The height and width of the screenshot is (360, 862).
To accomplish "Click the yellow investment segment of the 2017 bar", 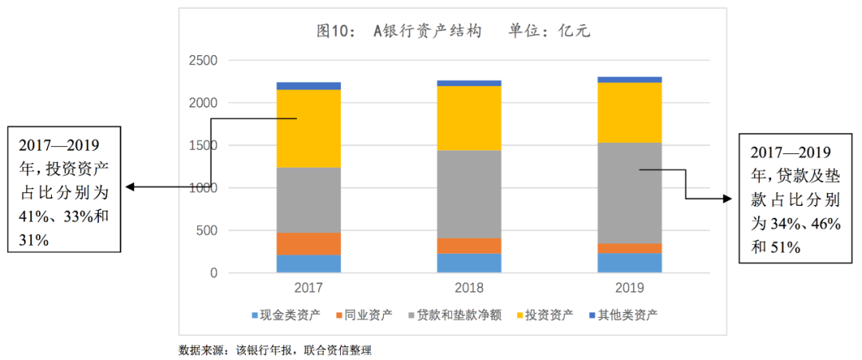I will pyautogui.click(x=308, y=128).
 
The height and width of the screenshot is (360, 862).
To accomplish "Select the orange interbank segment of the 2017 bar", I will pyautogui.click(x=308, y=243).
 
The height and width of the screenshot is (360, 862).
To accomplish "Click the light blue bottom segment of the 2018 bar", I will pyautogui.click(x=469, y=263).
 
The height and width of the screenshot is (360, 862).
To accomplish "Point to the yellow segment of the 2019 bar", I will pyautogui.click(x=630, y=113).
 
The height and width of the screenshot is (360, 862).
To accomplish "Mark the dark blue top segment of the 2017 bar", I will pyautogui.click(x=308, y=85).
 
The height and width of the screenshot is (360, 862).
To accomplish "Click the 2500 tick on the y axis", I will pyautogui.click(x=203, y=61).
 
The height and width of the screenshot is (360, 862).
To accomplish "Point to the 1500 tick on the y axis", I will pyautogui.click(x=203, y=146).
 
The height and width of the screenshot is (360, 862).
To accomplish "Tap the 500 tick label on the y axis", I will pyautogui.click(x=207, y=231).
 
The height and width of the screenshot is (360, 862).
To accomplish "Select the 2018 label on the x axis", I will pyautogui.click(x=469, y=287).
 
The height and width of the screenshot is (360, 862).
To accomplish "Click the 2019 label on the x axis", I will pyautogui.click(x=630, y=287).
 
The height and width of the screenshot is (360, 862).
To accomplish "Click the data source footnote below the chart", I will pyautogui.click(x=275, y=350).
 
